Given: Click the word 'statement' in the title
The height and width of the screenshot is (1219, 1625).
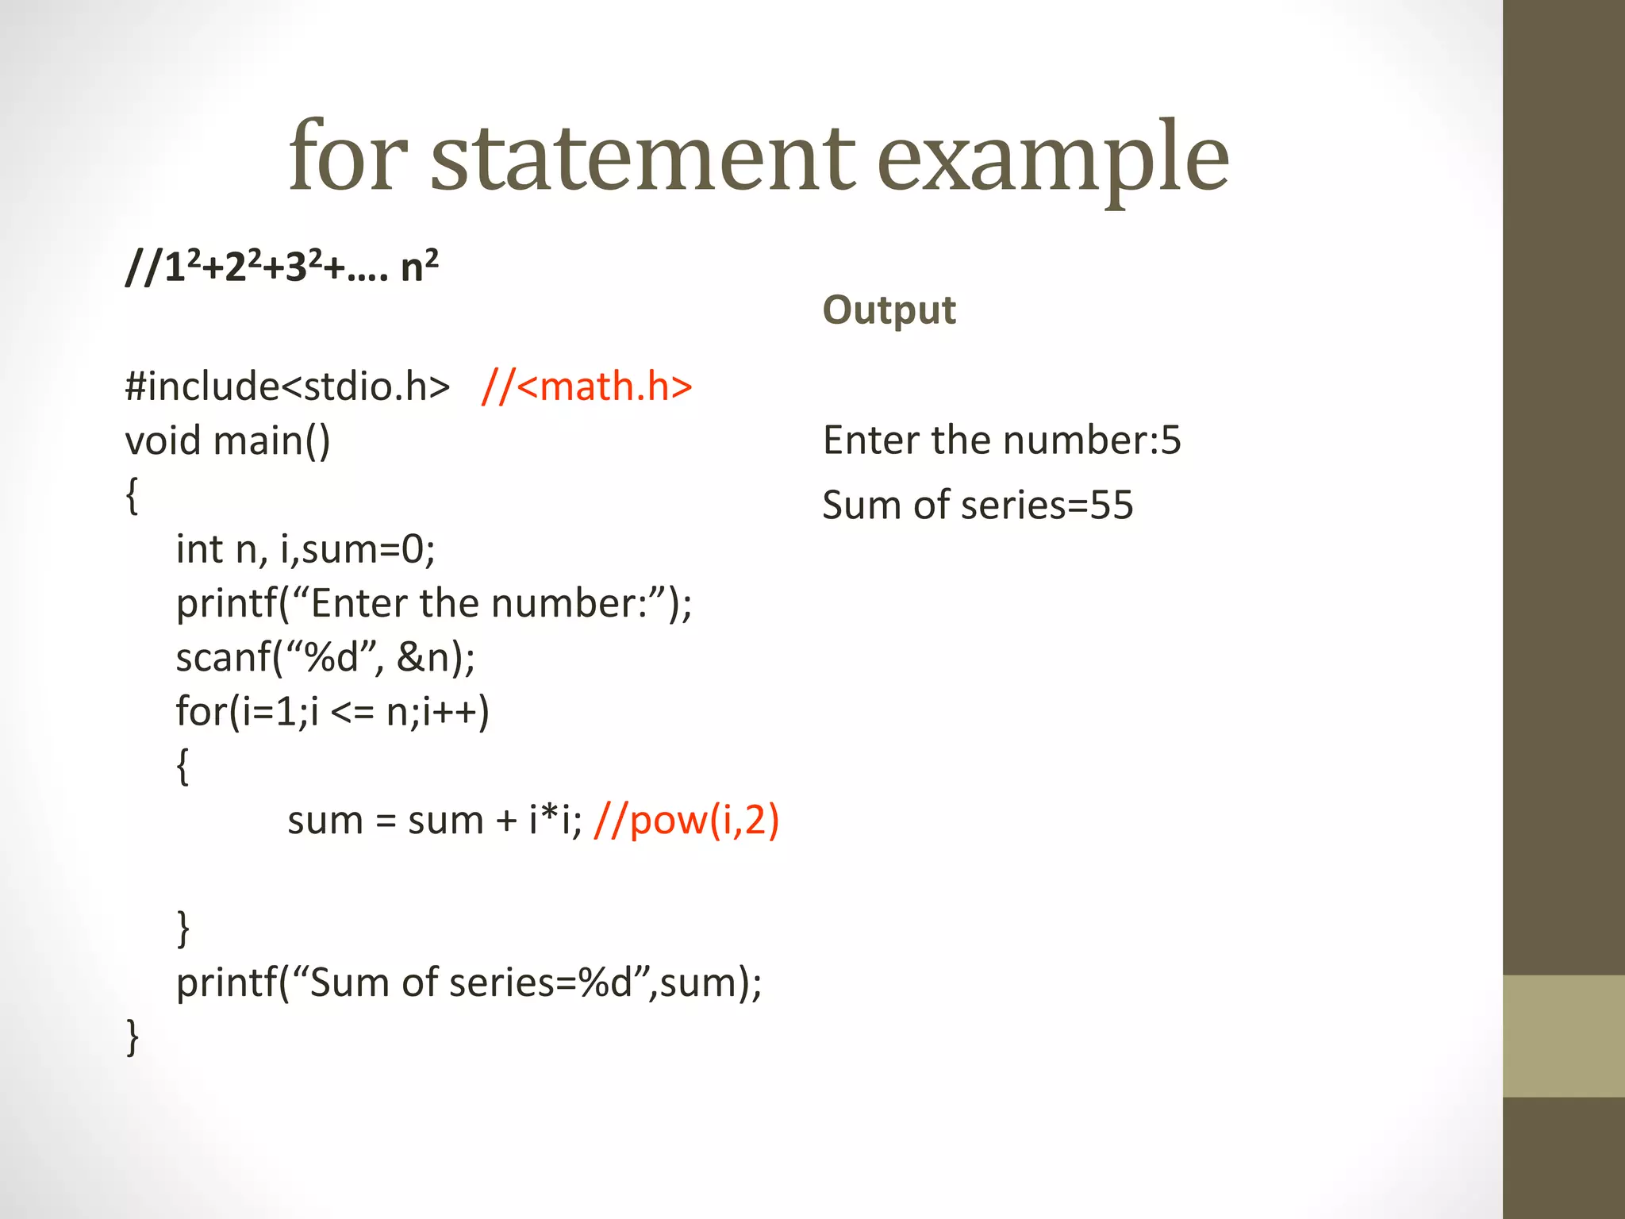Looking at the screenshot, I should (x=643, y=157).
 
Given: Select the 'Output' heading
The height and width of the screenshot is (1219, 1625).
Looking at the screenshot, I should (x=889, y=310).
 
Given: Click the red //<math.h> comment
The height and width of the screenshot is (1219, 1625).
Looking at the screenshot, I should (x=587, y=386).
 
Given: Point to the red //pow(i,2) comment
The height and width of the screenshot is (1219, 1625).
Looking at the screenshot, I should (x=686, y=820).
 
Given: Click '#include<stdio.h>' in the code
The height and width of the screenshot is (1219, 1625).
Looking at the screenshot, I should (x=287, y=386).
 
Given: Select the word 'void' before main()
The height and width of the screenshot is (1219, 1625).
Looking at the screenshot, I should (x=163, y=440).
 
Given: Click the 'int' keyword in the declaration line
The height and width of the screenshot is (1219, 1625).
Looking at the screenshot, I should (x=199, y=549).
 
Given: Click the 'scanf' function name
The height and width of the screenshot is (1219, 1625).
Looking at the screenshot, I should (x=223, y=658).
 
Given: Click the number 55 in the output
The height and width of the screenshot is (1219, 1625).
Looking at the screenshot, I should (x=1111, y=506).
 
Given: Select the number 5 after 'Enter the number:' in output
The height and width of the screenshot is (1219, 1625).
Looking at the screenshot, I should (x=1171, y=440).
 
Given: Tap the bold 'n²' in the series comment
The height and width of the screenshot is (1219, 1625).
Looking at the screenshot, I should (x=419, y=267).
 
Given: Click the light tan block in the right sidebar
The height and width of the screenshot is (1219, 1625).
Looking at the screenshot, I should (x=1563, y=1036).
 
